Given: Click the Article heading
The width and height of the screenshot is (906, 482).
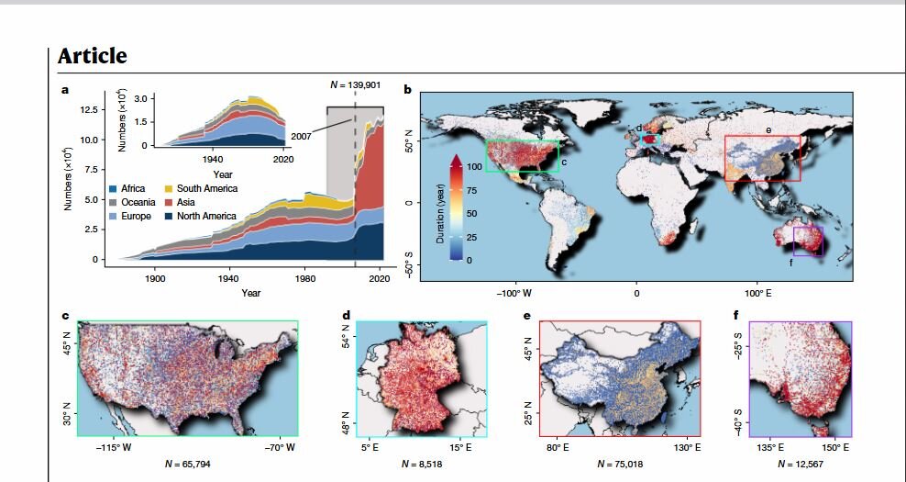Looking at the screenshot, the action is (93, 56).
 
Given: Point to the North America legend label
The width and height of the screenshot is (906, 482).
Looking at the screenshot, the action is (206, 217).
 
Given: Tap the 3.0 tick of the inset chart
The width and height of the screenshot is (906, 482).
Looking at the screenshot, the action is (141, 98).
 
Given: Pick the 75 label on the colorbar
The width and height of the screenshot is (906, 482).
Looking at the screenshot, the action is (472, 191).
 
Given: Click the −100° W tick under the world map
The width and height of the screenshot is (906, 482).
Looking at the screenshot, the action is (514, 294).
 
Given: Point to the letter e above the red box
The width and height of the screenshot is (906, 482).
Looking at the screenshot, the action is (768, 130).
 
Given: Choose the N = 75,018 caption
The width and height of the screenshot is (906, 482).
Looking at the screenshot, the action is (620, 464).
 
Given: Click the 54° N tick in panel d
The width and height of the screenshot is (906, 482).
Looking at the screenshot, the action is (347, 341).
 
